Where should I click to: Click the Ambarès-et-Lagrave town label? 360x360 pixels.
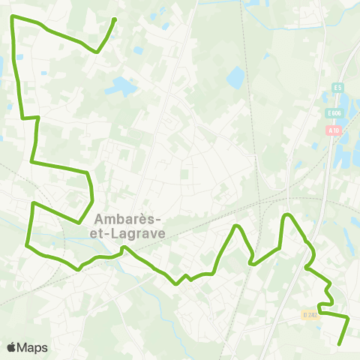pos(130,226)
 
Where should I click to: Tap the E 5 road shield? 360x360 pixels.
pos(337,88)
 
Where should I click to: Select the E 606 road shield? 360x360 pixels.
pos(334,112)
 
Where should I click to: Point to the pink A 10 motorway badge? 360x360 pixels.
pos(332,130)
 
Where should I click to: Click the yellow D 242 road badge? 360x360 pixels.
pos(310,315)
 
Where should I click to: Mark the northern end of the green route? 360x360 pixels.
pos(114,19)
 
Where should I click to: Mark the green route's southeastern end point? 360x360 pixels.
pos(340,344)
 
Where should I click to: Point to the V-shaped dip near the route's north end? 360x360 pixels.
pos(97,52)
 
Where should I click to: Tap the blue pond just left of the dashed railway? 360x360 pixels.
pos(235,76)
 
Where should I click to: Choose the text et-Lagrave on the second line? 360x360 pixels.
pos(137,232)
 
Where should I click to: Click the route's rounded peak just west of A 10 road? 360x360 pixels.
pos(286,216)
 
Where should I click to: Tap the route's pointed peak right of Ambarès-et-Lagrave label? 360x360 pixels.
pos(237,226)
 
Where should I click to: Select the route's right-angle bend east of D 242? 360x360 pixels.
pos(349,318)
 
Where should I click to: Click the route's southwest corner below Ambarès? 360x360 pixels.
pos(28,244)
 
